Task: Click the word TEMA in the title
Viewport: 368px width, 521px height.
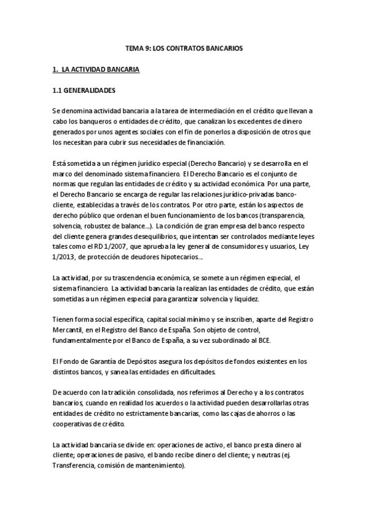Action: click(x=133, y=47)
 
